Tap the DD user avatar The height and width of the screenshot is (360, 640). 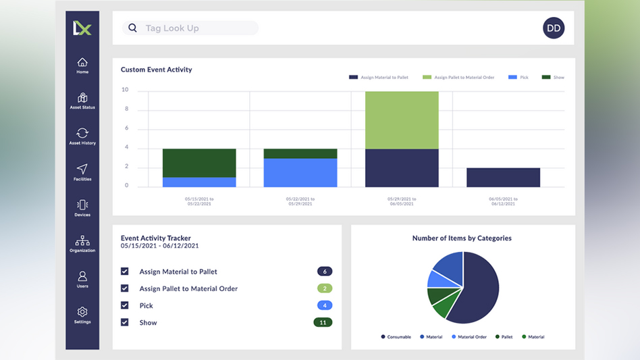click(554, 28)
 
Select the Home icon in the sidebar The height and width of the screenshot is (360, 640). click(82, 65)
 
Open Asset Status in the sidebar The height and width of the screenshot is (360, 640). click(82, 101)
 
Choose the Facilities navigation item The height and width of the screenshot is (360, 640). click(82, 172)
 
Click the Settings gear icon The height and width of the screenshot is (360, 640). click(82, 314)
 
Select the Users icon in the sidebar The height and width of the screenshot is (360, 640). click(82, 278)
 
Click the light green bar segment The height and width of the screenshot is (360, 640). click(402, 120)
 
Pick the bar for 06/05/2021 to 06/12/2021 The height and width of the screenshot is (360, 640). click(503, 178)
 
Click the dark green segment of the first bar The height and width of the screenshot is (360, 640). click(199, 163)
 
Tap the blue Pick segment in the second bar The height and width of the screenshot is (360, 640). click(300, 173)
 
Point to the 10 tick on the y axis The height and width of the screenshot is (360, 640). click(125, 90)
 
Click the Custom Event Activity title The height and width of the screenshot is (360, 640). click(157, 70)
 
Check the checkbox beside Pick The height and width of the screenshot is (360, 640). click(125, 305)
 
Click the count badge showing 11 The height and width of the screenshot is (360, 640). click(323, 322)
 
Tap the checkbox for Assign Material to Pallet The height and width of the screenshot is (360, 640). click(125, 272)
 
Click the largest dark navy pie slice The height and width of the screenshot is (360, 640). click(477, 290)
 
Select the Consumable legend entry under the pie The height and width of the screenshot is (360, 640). click(397, 337)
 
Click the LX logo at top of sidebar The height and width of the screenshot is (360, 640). click(82, 28)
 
